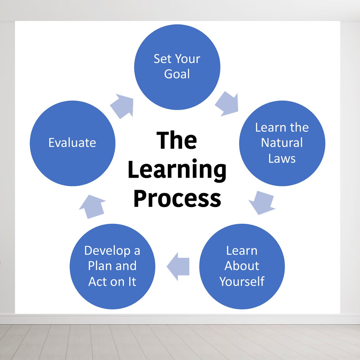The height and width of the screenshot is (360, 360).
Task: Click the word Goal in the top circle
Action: [177, 74]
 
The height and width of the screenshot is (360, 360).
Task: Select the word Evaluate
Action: [72, 143]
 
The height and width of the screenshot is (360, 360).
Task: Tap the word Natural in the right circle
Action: [282, 143]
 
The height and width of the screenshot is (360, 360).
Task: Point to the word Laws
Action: [282, 158]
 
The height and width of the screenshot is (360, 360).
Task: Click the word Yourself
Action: [242, 281]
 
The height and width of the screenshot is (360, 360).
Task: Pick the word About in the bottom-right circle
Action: [242, 266]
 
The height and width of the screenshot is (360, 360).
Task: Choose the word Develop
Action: [107, 251]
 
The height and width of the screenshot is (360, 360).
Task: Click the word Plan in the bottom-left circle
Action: [99, 266]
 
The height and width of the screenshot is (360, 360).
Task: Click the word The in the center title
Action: [177, 140]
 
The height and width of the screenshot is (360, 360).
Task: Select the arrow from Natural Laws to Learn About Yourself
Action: [262, 203]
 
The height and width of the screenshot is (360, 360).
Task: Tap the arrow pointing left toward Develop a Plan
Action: [178, 267]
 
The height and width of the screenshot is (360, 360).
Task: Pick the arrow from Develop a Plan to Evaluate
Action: [92, 207]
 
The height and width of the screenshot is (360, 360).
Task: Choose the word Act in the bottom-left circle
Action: [98, 281]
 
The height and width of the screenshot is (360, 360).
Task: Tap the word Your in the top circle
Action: [187, 59]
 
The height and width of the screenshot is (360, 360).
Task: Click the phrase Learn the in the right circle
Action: [282, 127]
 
